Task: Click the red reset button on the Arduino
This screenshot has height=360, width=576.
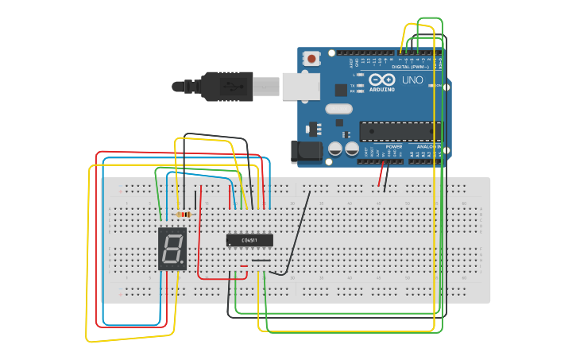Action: tap(312, 58)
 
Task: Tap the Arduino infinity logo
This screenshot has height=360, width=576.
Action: tap(381, 80)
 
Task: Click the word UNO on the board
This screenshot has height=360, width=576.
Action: tap(413, 80)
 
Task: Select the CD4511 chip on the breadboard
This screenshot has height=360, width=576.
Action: tap(249, 240)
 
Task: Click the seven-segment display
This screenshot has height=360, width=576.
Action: tap(172, 249)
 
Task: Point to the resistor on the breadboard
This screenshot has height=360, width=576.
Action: tap(184, 214)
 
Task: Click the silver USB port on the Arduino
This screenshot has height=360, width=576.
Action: tap(300, 87)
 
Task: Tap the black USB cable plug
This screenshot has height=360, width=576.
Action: tap(226, 86)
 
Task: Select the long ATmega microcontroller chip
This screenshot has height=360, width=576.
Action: tap(400, 131)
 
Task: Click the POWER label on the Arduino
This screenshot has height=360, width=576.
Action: tap(393, 147)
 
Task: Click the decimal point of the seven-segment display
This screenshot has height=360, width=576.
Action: tap(184, 265)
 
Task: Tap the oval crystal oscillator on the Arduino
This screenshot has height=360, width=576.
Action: tap(338, 110)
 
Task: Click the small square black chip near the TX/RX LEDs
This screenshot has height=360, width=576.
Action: tap(341, 90)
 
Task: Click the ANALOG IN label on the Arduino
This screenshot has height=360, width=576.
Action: tap(429, 147)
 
